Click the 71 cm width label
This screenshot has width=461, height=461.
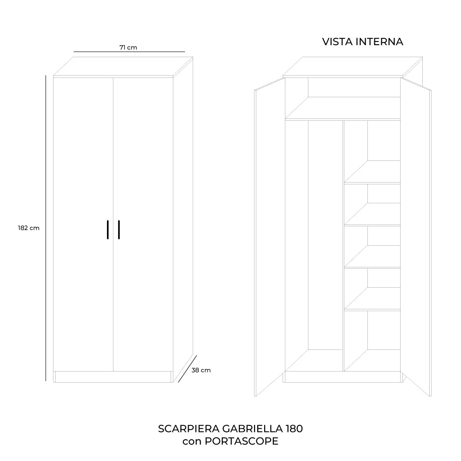(128, 47)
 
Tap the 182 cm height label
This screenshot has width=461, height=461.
(29, 228)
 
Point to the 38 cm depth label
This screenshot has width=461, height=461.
(201, 370)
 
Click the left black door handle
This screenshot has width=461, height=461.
(108, 230)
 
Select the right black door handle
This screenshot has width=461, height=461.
(119, 230)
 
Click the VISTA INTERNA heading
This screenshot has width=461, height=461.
(362, 42)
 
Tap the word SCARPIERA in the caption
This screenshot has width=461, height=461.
(189, 429)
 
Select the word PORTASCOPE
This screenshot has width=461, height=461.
(242, 441)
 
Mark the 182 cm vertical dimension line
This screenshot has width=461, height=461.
(46, 228)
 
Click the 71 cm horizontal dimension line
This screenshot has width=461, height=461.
(129, 52)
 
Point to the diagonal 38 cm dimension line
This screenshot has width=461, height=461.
(187, 369)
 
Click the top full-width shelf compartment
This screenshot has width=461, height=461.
(343, 98)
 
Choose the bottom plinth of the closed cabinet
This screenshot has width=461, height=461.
(113, 377)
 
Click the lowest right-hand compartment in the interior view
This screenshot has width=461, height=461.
(372, 341)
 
